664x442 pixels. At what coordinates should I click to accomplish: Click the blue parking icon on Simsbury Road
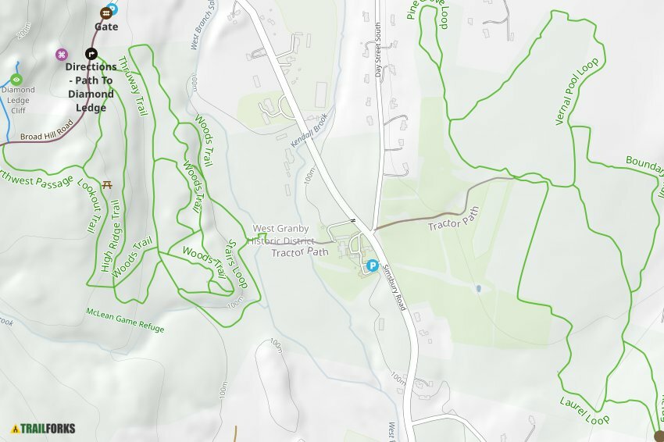click(x=373, y=266)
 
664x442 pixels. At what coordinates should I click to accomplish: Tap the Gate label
click(x=106, y=27)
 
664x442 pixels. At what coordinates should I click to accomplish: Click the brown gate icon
click(x=105, y=13)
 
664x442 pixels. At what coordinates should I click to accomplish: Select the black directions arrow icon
click(x=91, y=54)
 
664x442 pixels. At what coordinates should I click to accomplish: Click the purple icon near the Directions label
click(x=62, y=54)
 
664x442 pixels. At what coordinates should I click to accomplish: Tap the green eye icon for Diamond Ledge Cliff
click(x=17, y=79)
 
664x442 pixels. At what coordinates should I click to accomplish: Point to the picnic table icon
click(x=108, y=184)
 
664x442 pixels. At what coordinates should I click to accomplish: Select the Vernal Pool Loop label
click(x=577, y=91)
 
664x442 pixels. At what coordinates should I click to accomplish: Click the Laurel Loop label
click(x=584, y=411)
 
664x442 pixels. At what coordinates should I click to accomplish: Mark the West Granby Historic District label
click(x=282, y=235)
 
